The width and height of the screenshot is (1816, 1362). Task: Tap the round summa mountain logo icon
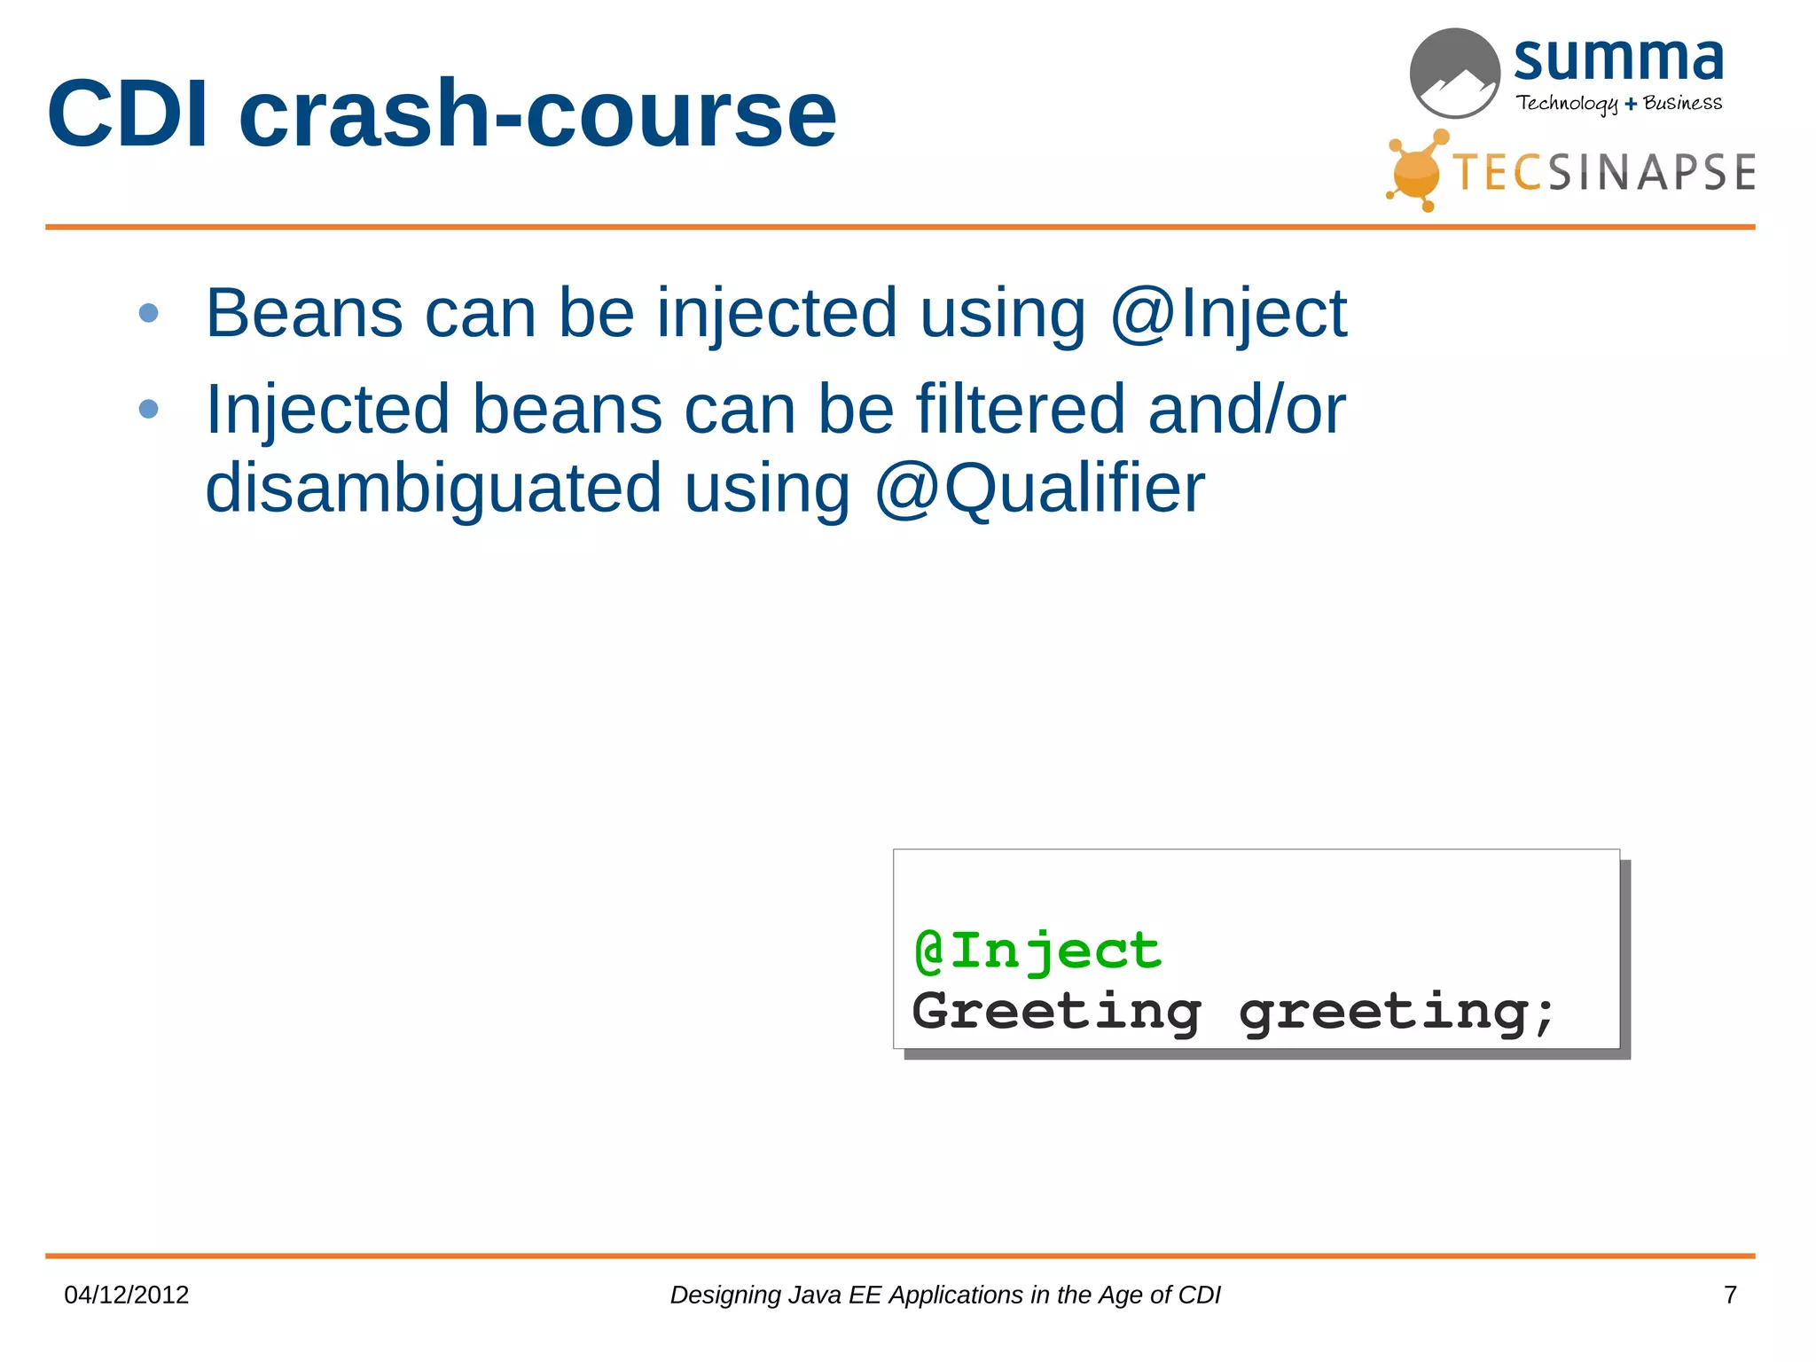pyautogui.click(x=1454, y=74)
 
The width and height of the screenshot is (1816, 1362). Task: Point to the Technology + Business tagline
pyautogui.click(x=1618, y=103)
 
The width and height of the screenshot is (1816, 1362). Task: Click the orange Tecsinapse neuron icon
pyautogui.click(x=1416, y=171)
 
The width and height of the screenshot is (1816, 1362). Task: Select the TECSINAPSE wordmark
pyautogui.click(x=1603, y=172)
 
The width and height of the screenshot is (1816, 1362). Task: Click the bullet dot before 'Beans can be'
pyautogui.click(x=149, y=313)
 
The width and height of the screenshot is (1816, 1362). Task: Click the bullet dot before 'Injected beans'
pyautogui.click(x=149, y=409)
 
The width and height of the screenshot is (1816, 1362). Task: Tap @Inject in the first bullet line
pyautogui.click(x=1228, y=313)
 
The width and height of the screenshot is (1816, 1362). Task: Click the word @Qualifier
pyautogui.click(x=1039, y=488)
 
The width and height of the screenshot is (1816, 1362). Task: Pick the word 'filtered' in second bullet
pyautogui.click(x=1020, y=409)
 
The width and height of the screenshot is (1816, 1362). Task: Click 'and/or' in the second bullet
pyautogui.click(x=1246, y=409)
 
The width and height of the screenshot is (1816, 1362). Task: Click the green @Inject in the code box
pyautogui.click(x=1037, y=951)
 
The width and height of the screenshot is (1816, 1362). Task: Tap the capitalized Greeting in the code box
pyautogui.click(x=1056, y=1011)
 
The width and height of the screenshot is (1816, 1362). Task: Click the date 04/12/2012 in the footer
pyautogui.click(x=127, y=1295)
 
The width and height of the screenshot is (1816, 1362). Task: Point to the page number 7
pyautogui.click(x=1729, y=1295)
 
